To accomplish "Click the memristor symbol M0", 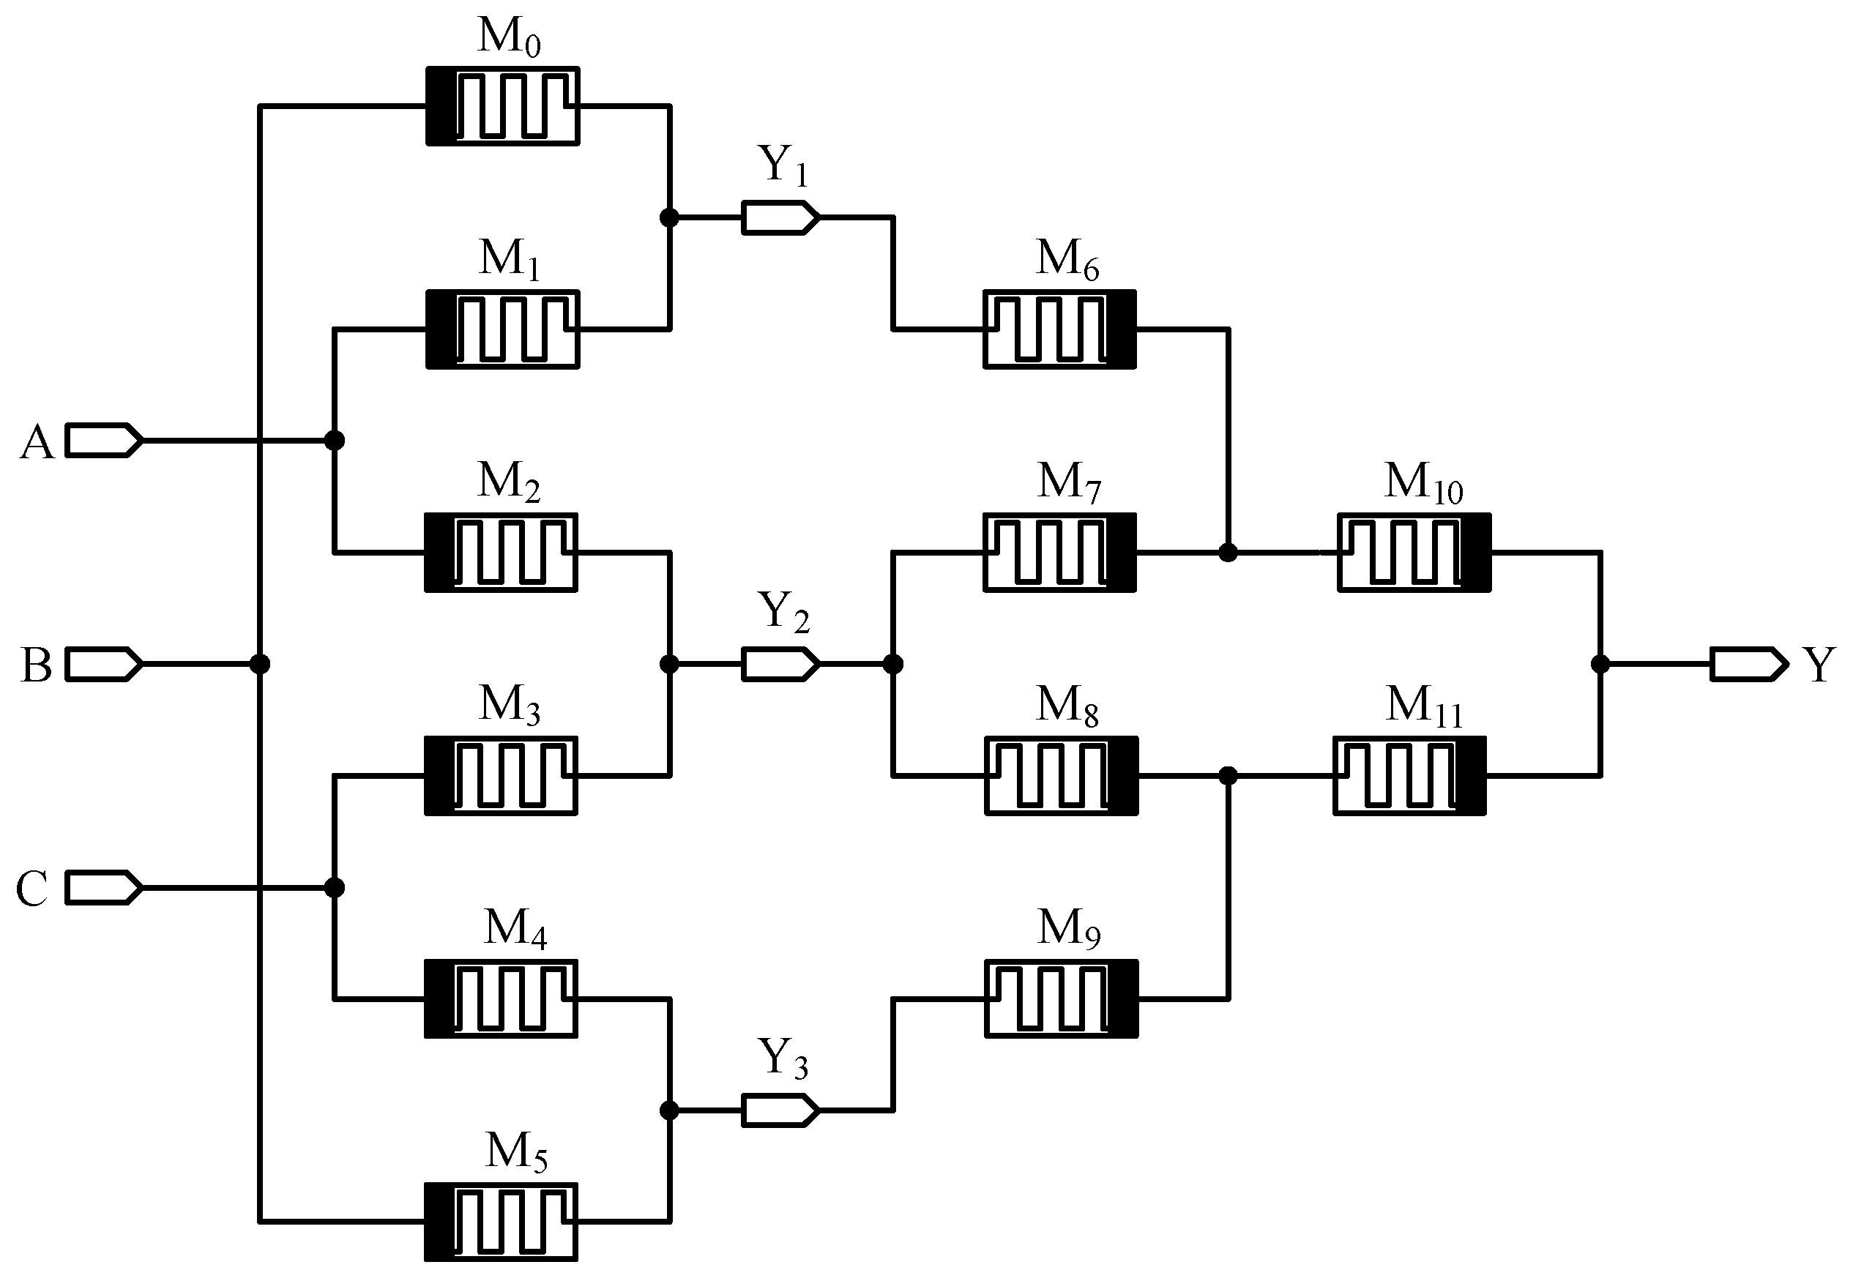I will point(502,106).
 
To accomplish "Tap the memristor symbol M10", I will point(1414,552).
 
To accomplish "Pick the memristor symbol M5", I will point(501,1222).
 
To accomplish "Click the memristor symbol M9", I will point(1062,998).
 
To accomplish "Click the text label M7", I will point(1069,482).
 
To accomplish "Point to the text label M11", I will point(1424,706).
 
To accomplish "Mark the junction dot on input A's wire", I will point(335,440).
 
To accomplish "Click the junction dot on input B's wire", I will point(259,664).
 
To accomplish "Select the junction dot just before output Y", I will point(1600,664).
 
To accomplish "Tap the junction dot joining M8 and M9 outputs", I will point(1228,775).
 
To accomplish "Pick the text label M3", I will point(509,706).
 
